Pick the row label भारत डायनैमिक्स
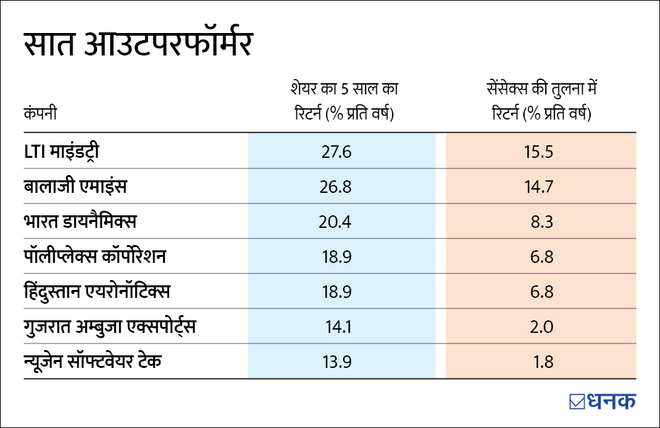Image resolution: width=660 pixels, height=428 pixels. pos(92,221)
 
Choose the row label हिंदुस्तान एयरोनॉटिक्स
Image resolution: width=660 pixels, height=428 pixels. pos(113,291)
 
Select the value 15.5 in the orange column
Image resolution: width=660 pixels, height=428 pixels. pos(538,151)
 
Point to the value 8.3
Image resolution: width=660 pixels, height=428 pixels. pos(538,221)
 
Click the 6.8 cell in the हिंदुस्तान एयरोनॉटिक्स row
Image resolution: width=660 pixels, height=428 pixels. pos(538,291)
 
